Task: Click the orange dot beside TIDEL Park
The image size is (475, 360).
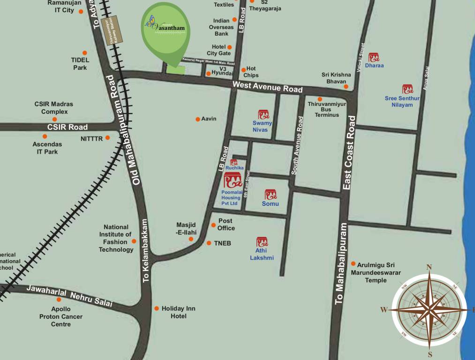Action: (85, 53)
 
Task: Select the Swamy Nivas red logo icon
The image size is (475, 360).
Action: (264, 114)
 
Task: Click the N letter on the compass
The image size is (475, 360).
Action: (429, 268)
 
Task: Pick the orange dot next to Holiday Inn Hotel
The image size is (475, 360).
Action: (157, 308)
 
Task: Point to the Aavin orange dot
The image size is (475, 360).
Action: (198, 119)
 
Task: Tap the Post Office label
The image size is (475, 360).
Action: (226, 224)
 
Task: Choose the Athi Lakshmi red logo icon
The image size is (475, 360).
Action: (262, 242)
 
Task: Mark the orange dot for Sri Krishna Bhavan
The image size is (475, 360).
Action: (346, 86)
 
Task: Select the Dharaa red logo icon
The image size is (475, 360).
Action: (374, 58)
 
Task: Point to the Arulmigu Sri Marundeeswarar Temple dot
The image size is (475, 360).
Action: (353, 264)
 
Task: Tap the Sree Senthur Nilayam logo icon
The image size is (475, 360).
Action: (407, 89)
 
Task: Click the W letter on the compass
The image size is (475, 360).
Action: (384, 309)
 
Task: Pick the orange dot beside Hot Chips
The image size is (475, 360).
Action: (243, 70)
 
